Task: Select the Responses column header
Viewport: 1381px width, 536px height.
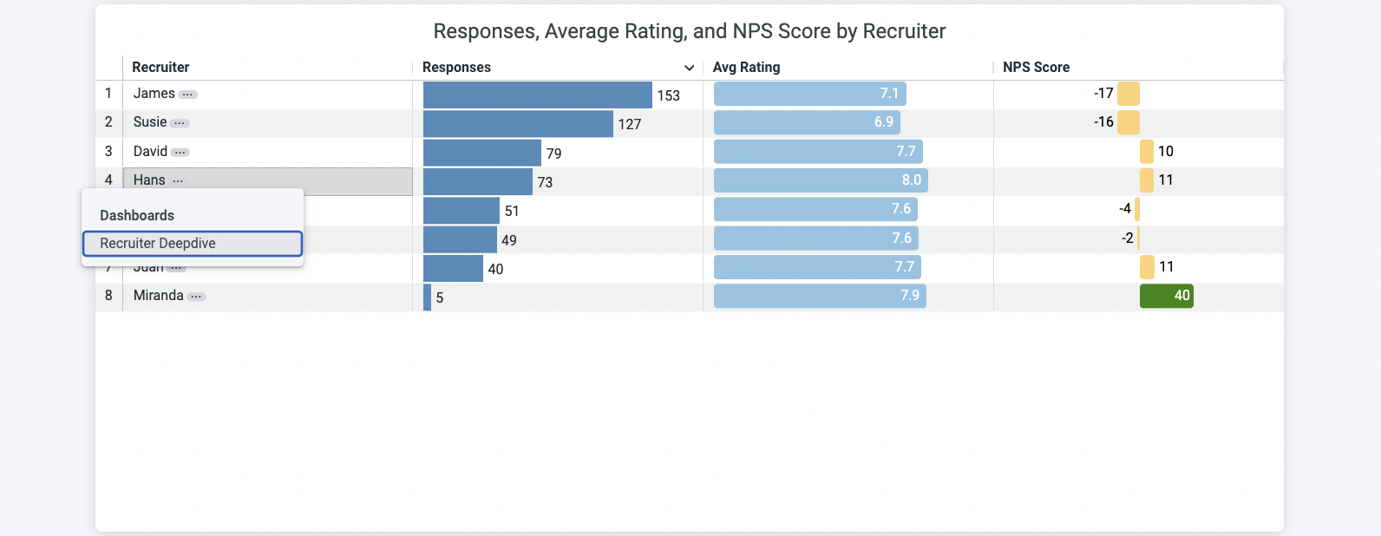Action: click(456, 68)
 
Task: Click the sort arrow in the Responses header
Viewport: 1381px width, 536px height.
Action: click(689, 68)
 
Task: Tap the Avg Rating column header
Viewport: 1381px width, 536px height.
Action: click(746, 68)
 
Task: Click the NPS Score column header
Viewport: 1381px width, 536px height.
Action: click(1036, 68)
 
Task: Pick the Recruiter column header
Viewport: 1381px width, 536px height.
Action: click(160, 68)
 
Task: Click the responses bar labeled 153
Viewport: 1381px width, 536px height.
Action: click(537, 95)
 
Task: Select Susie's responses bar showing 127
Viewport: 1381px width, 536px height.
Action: click(518, 124)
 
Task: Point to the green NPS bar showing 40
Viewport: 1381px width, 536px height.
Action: click(1166, 296)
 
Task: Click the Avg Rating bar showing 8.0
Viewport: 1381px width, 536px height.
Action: click(820, 180)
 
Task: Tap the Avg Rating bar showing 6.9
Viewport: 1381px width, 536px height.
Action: click(806, 122)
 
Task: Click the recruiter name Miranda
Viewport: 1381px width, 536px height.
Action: click(158, 296)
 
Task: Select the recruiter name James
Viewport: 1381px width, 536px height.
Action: click(154, 94)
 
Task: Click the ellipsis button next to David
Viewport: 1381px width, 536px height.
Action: click(180, 153)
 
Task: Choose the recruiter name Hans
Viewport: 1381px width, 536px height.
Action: click(149, 180)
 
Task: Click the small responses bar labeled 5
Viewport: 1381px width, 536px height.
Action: click(427, 297)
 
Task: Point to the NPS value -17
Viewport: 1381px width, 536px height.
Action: click(1103, 94)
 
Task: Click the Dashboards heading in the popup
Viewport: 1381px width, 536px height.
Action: click(137, 216)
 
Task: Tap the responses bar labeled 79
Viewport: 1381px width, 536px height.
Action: click(481, 154)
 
